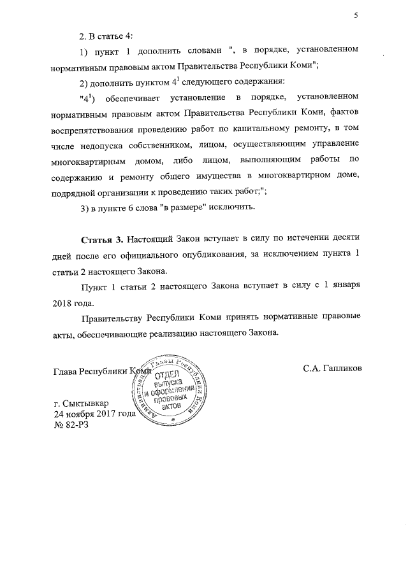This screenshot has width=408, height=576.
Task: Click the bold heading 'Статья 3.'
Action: pyautogui.click(x=102, y=240)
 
